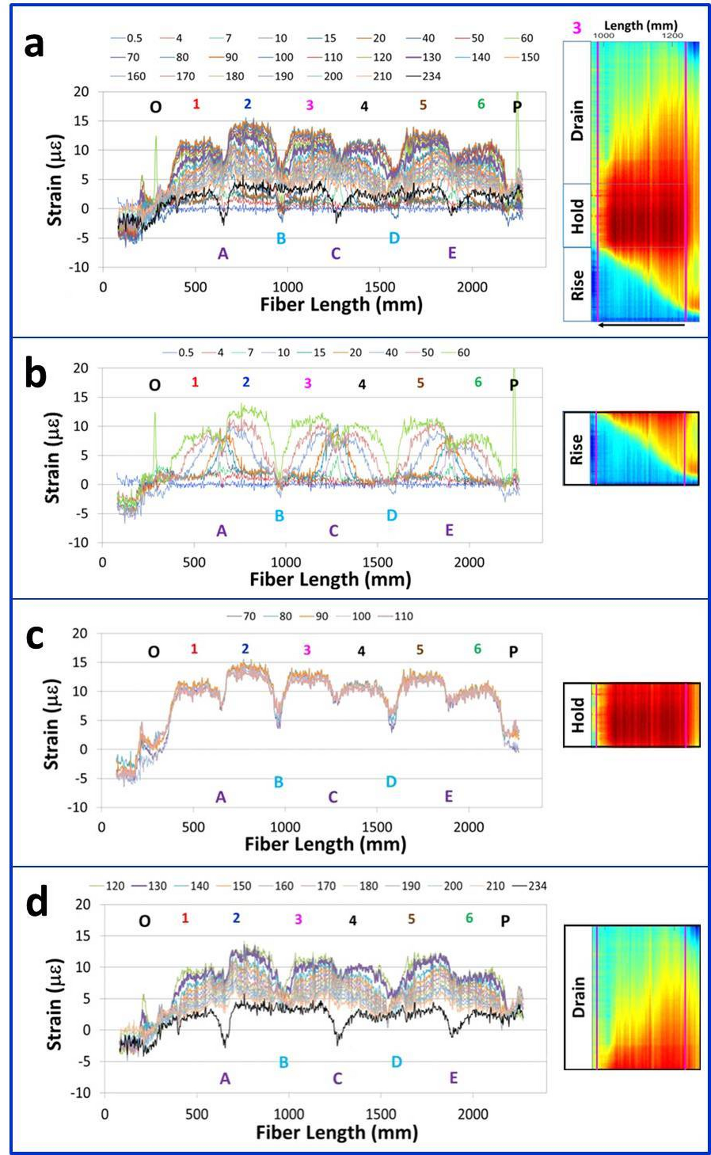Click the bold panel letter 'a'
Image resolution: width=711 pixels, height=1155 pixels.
[x=34, y=45]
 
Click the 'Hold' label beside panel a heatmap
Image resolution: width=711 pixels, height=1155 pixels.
[x=578, y=216]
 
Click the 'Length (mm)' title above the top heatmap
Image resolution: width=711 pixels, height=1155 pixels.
[x=641, y=25]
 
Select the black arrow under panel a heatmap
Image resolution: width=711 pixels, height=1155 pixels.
[x=641, y=324]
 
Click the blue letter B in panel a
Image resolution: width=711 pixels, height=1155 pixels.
[x=281, y=239]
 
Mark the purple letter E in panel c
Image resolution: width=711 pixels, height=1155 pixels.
[x=449, y=797]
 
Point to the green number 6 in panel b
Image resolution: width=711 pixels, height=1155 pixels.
[x=478, y=382]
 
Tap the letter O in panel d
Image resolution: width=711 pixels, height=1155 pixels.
[x=145, y=921]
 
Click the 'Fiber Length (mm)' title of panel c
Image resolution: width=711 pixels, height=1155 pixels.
[x=325, y=844]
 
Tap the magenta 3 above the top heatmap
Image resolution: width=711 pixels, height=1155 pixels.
[x=577, y=28]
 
